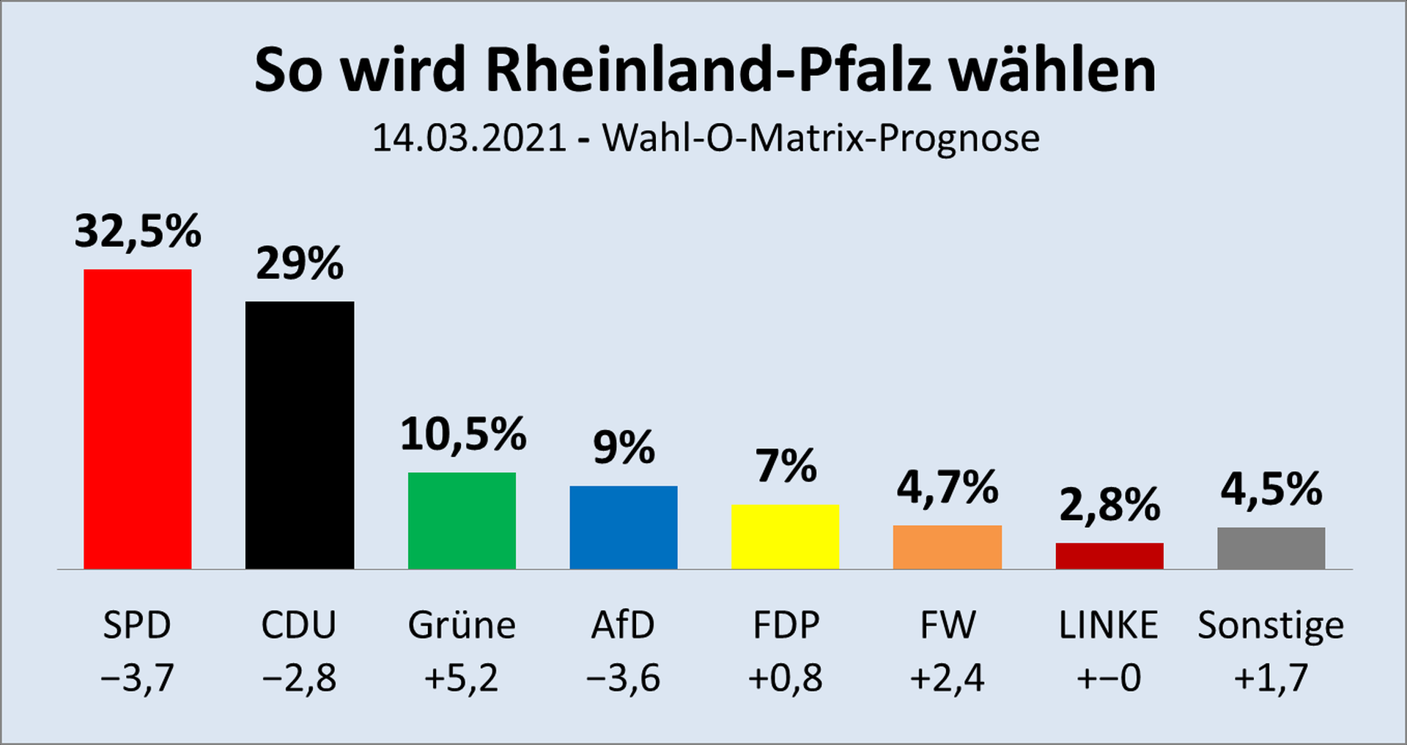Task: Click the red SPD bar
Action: tap(138, 419)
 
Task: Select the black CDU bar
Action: tap(300, 435)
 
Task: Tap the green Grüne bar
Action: tap(462, 521)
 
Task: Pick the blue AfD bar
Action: tap(624, 527)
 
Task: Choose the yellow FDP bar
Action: tap(786, 537)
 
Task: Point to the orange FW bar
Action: tap(948, 547)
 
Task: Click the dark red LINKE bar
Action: tap(1109, 556)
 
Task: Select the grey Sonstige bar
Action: tap(1271, 548)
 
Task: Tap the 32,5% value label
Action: tap(138, 231)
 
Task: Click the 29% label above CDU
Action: tap(300, 264)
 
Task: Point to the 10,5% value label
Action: tap(462, 434)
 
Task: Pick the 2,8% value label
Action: tap(1109, 505)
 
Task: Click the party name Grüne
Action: tap(462, 626)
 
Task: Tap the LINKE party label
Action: tap(1109, 626)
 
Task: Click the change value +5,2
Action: tap(462, 678)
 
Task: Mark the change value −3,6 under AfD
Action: tap(624, 678)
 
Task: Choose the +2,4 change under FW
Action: tap(947, 678)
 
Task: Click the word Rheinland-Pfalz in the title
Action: tap(708, 71)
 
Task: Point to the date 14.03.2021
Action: tap(470, 138)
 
